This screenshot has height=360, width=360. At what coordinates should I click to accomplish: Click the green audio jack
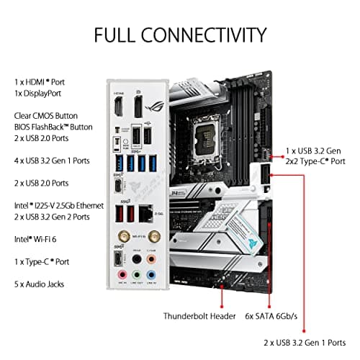click(x=136, y=274)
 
